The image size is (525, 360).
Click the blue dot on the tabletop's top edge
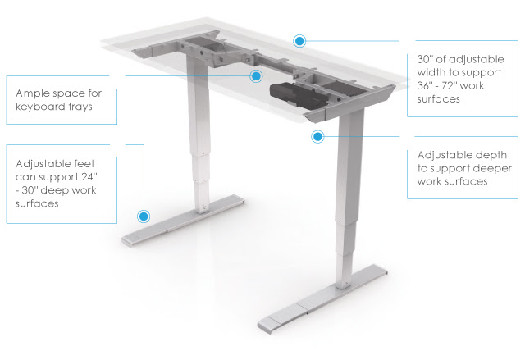(299, 39)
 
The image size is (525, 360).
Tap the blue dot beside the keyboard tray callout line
(256, 76)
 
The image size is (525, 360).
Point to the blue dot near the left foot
(144, 217)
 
